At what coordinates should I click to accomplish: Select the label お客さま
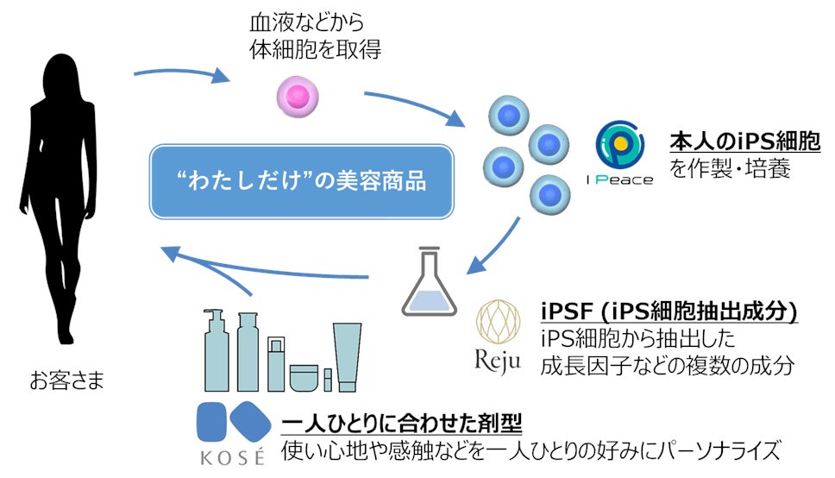63,379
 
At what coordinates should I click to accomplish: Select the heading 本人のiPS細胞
745,142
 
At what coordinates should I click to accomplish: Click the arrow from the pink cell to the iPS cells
414,105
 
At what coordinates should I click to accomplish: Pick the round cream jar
304,376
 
